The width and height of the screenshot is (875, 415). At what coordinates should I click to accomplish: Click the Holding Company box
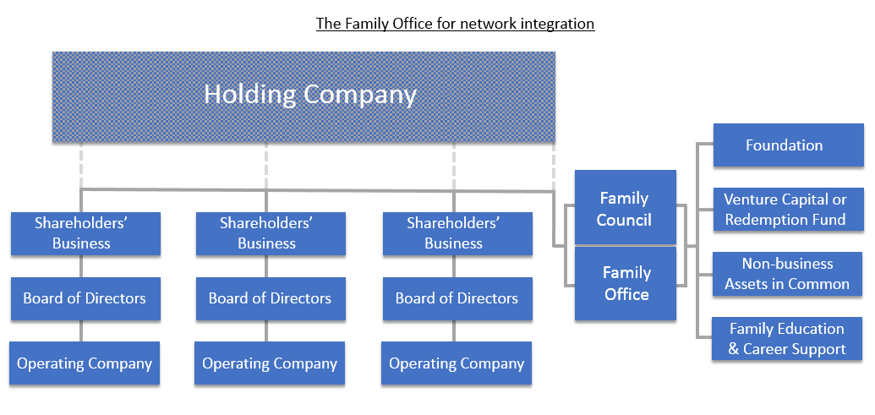(304, 96)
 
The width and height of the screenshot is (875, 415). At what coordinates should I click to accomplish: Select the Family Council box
(625, 208)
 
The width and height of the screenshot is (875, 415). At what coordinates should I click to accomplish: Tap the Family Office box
(625, 283)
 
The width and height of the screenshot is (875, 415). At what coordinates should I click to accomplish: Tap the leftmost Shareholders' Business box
(85, 233)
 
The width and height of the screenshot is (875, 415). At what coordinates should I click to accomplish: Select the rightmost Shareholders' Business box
(457, 233)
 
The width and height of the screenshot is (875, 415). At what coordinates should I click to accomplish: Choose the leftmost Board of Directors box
(85, 298)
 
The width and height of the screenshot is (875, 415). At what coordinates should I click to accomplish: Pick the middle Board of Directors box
(271, 298)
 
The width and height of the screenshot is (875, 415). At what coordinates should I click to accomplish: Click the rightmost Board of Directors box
(457, 298)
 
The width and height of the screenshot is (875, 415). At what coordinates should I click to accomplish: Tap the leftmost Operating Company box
(85, 364)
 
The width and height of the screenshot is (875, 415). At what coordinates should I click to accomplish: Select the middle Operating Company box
(270, 364)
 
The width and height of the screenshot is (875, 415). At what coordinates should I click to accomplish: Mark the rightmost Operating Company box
(457, 364)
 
